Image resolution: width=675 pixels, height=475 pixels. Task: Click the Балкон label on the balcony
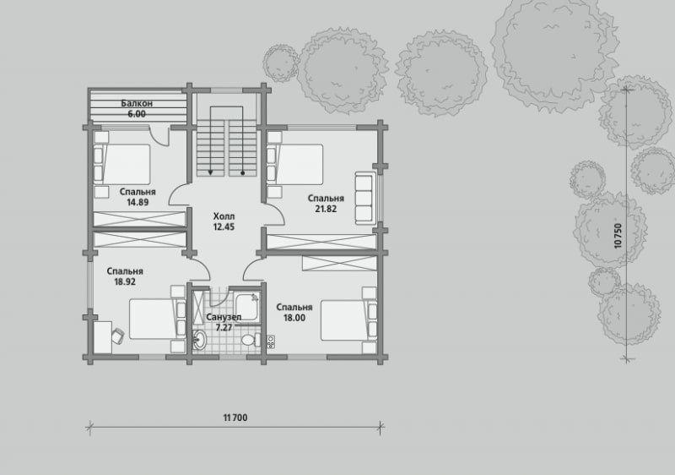137,103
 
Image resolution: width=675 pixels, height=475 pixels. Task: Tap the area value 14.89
138,202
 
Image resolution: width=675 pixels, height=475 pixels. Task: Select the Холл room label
224,216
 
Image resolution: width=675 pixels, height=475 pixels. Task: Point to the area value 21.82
326,209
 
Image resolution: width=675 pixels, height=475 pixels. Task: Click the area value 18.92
125,282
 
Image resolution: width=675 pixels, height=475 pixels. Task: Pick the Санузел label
224,317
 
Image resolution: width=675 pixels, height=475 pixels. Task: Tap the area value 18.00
294,318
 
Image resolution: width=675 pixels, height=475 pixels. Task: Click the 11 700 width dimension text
235,418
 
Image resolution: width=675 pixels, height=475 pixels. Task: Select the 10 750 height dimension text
618,235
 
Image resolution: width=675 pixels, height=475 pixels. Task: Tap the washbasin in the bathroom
199,340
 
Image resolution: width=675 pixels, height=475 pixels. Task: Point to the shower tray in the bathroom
247,307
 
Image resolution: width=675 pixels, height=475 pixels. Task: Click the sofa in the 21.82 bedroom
364,199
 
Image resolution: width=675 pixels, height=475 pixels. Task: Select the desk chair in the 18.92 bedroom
117,336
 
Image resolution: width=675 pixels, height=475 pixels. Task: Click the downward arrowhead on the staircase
210,172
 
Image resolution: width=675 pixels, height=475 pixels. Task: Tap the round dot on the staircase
243,173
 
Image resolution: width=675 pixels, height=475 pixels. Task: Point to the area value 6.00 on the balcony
137,114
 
